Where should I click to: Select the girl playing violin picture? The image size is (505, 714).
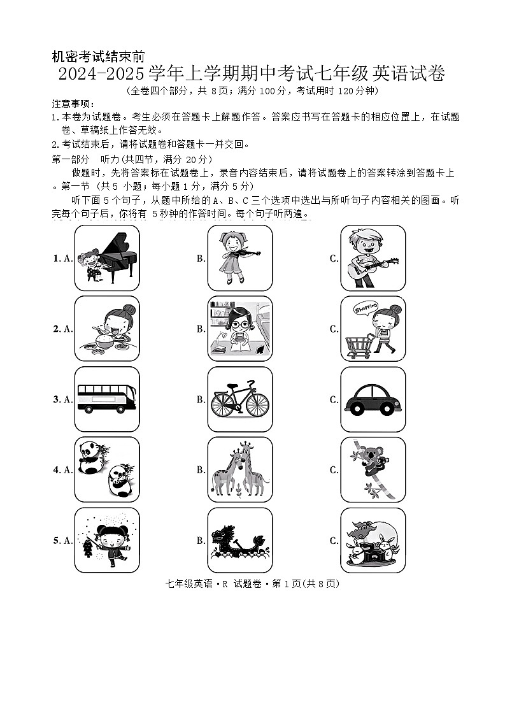pos(240,257)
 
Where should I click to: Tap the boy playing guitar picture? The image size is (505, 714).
pos(373,257)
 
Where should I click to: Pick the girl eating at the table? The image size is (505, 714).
pos(107,328)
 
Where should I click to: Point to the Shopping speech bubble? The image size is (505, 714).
pos(365,308)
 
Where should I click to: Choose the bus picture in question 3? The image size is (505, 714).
pos(106,398)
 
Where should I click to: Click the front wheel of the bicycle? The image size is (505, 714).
pos(257,404)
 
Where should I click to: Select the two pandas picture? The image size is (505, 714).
pos(107,469)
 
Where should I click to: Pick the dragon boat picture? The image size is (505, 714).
pos(240,540)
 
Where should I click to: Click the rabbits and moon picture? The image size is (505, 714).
pos(373,540)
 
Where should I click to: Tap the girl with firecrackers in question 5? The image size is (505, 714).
pos(107,540)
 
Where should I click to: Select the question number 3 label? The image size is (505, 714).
pos(56,399)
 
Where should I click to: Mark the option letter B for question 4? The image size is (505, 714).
pos(201,470)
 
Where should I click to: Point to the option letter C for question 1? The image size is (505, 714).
pos(333,258)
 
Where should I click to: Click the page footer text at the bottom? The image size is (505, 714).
pos(252,583)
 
